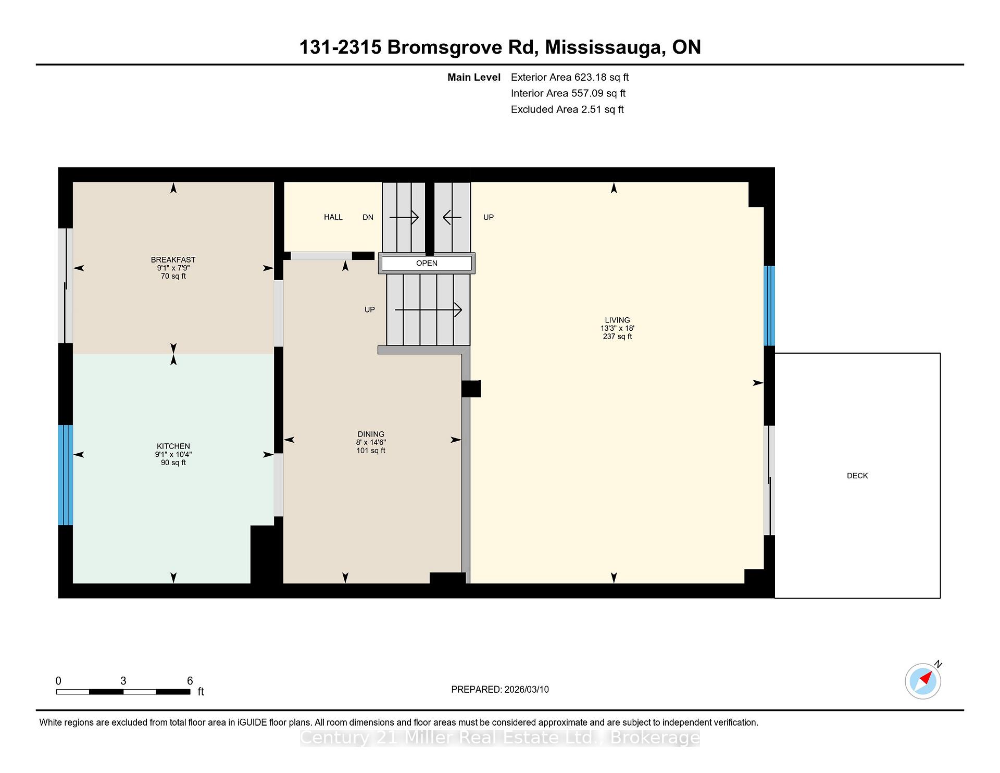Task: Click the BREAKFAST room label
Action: coord(173,259)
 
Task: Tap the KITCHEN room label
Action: coord(173,446)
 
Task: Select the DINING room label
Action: coord(371,434)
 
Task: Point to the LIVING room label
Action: coord(617,320)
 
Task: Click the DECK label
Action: coord(857,476)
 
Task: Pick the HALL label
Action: coord(333,217)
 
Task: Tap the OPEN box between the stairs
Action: coord(427,263)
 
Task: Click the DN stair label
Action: coord(368,217)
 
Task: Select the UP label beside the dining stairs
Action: coord(370,309)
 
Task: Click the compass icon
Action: coord(923,681)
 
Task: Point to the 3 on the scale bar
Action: coord(123,681)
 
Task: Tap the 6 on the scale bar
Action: coord(190,681)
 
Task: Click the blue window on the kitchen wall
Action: coord(65,475)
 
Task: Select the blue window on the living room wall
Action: coord(769,306)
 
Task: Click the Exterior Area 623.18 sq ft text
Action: coord(570,77)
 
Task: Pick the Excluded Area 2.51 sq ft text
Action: coord(567,109)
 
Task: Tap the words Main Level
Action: coord(474,77)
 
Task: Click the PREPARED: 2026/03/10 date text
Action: coord(500,689)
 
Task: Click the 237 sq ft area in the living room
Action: coord(617,336)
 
